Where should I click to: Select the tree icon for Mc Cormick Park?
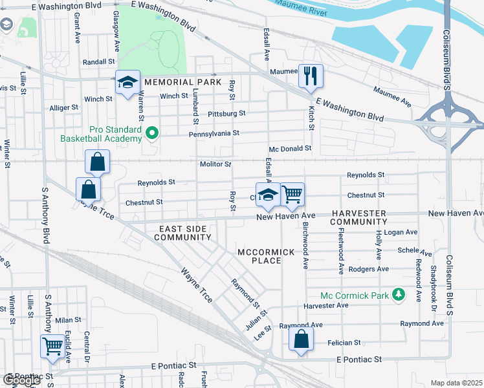399,295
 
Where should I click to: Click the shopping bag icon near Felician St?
301,339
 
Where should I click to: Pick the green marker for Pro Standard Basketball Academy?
152,135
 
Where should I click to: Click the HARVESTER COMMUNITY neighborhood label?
358,217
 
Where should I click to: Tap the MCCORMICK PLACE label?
266,256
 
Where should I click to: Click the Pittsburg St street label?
226,114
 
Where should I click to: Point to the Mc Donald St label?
291,148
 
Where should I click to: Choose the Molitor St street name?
215,164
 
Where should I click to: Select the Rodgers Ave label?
368,269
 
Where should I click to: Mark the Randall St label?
98,62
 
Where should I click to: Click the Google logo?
21,380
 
